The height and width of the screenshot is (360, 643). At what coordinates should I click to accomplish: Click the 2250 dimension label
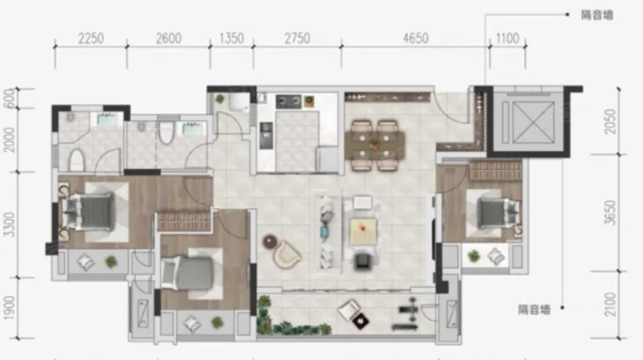91,39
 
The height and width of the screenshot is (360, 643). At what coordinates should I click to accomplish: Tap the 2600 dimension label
168,39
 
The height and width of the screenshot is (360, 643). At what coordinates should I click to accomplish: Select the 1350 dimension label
232,39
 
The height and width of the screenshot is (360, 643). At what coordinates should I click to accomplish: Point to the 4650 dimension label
416,39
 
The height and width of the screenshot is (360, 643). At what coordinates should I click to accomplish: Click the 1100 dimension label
508,39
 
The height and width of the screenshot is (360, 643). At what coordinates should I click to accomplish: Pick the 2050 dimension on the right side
611,121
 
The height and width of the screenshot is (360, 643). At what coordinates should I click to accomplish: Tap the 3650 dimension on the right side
611,212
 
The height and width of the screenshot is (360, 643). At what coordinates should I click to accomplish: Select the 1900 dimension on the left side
9,308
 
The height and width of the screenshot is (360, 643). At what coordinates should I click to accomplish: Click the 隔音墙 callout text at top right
597,15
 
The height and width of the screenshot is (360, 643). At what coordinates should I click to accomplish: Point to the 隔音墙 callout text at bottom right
534,309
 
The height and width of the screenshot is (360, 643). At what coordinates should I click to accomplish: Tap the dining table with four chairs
374,145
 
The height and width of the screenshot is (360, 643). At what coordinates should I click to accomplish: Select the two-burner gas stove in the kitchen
289,101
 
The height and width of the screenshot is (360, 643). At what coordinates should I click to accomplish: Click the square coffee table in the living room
363,232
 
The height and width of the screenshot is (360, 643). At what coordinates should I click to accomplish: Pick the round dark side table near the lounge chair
270,242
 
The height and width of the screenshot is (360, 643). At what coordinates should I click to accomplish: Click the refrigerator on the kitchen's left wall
266,135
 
